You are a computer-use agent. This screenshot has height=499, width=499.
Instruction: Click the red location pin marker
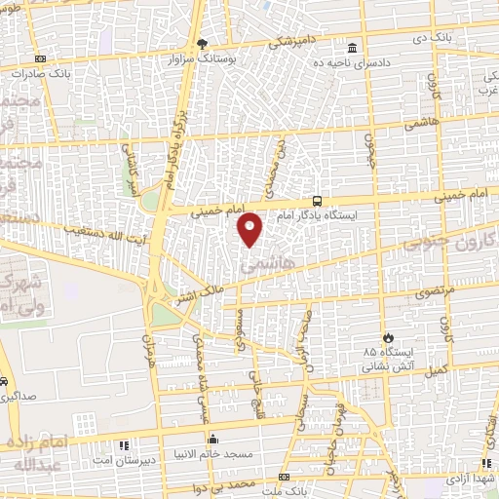coord(250,229)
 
